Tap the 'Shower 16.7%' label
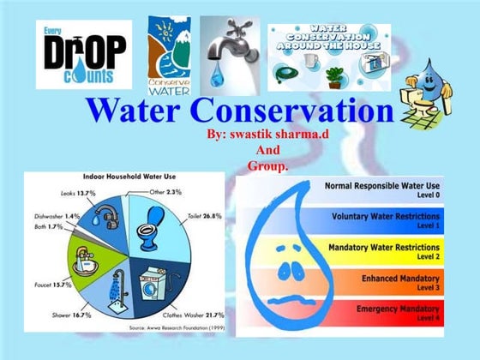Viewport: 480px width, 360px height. point(64,315)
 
